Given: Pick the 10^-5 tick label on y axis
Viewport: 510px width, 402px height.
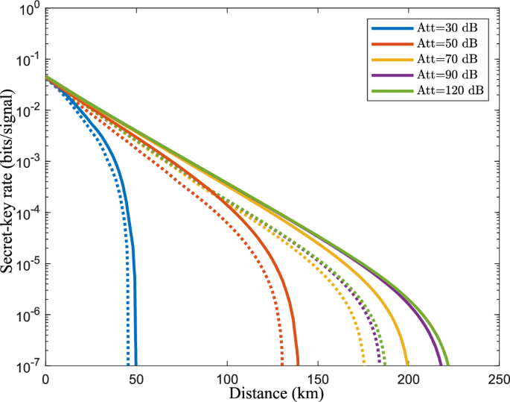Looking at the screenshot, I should coord(29,264).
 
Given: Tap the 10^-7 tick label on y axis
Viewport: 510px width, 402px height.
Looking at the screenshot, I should coord(29,365).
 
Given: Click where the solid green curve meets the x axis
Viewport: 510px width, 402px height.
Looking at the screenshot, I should coord(449,365).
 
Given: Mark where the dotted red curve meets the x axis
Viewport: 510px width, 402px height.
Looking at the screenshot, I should coord(282,365).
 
